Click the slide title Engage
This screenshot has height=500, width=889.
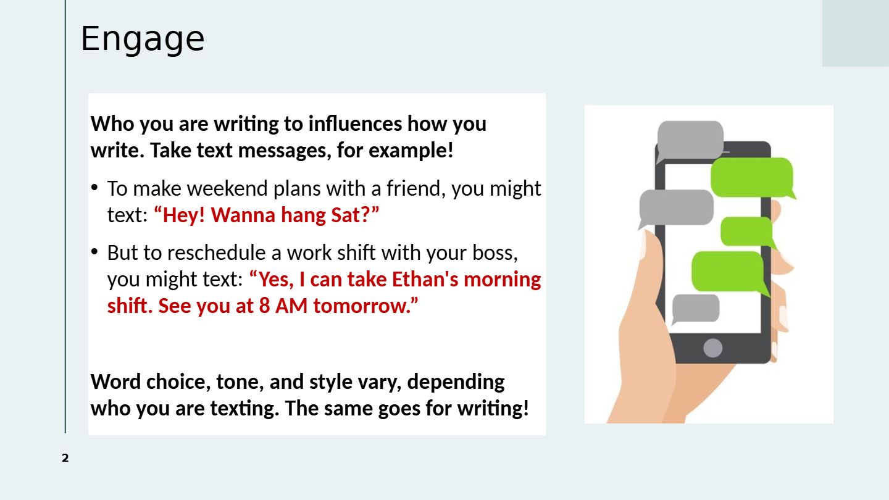click(x=143, y=39)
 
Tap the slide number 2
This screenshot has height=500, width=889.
click(x=65, y=458)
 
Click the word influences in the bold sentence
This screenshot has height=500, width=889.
click(x=355, y=123)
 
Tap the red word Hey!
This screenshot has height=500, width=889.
click(x=184, y=215)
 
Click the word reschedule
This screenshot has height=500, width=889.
click(x=216, y=252)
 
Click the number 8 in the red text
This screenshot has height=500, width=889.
click(x=265, y=306)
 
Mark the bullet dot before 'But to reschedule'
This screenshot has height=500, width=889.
click(x=94, y=252)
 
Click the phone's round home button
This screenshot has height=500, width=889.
click(x=713, y=348)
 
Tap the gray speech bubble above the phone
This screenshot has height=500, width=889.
click(x=690, y=140)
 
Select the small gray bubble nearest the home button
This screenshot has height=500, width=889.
click(x=695, y=309)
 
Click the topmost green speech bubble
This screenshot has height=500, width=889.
click(x=752, y=177)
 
